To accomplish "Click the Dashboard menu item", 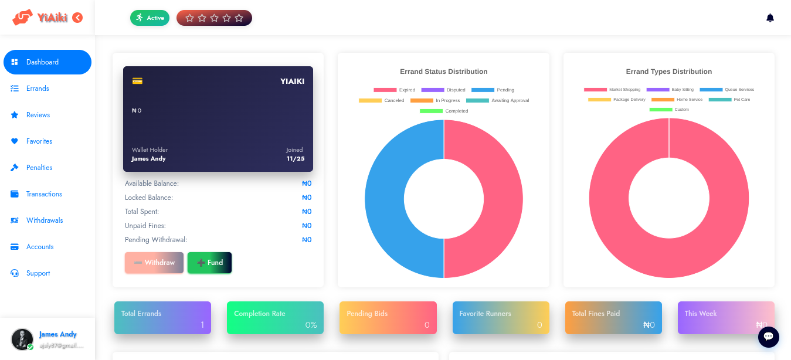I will point(47,62).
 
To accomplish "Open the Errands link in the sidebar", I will point(38,89).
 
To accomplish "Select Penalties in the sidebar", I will point(39,168).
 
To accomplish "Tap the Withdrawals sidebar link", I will point(45,220).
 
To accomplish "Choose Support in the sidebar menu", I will point(38,273).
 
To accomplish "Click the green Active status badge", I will point(150,18).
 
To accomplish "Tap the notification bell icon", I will point(770,18).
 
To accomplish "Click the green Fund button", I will point(209,263).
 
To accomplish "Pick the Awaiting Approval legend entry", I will point(498,101).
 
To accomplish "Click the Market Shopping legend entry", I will point(612,90).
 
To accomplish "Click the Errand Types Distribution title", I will point(668,72).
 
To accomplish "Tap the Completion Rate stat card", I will point(275,318).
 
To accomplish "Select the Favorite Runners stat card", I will point(501,318).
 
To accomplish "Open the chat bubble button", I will point(768,337).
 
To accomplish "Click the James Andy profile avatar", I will point(22,339).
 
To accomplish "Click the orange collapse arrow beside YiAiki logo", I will point(77,18).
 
